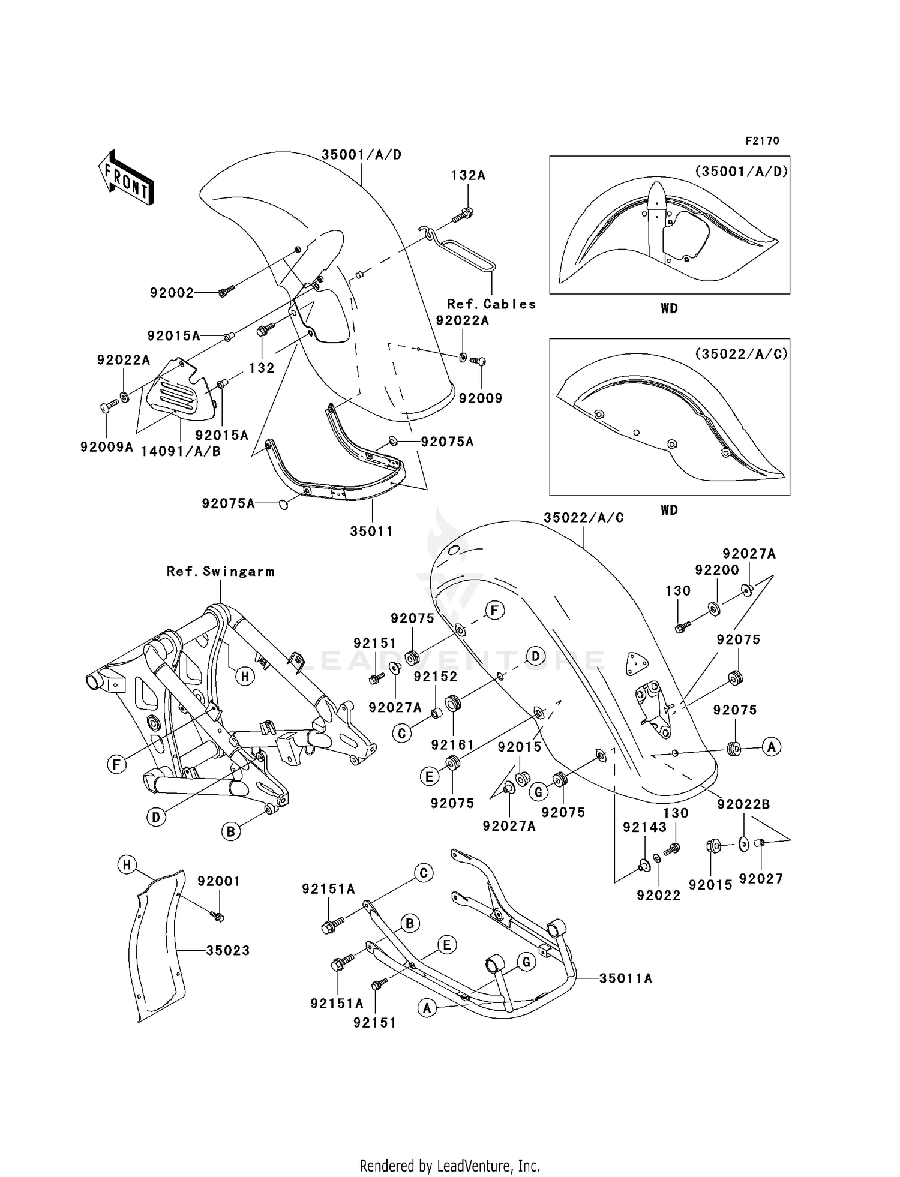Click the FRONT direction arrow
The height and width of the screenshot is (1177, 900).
point(126,178)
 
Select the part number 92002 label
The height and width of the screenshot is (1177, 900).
point(172,293)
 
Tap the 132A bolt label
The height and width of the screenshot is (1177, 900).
point(468,175)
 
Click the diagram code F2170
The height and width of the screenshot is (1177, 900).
point(762,140)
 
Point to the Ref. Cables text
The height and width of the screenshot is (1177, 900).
point(491,304)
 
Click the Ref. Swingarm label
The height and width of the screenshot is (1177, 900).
point(220,571)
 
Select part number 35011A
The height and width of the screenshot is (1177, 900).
point(626,978)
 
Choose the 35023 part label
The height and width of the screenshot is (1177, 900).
point(227,950)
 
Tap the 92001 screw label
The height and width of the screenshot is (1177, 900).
point(219,881)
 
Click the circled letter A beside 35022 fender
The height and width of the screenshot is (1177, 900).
point(772,747)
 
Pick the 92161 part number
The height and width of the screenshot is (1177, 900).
point(452,745)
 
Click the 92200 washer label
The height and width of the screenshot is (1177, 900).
point(717,570)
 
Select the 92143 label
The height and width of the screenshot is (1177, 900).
point(644,827)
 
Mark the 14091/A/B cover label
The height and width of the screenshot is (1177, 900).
point(181,451)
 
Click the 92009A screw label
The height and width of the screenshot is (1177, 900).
point(107,447)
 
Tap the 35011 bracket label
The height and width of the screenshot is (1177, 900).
point(372,531)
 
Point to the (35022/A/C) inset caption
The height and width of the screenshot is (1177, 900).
point(741,353)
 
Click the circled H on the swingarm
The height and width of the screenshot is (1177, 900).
point(244,677)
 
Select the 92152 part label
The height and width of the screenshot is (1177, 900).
point(436,676)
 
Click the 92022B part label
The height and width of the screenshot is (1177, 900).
point(743,804)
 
